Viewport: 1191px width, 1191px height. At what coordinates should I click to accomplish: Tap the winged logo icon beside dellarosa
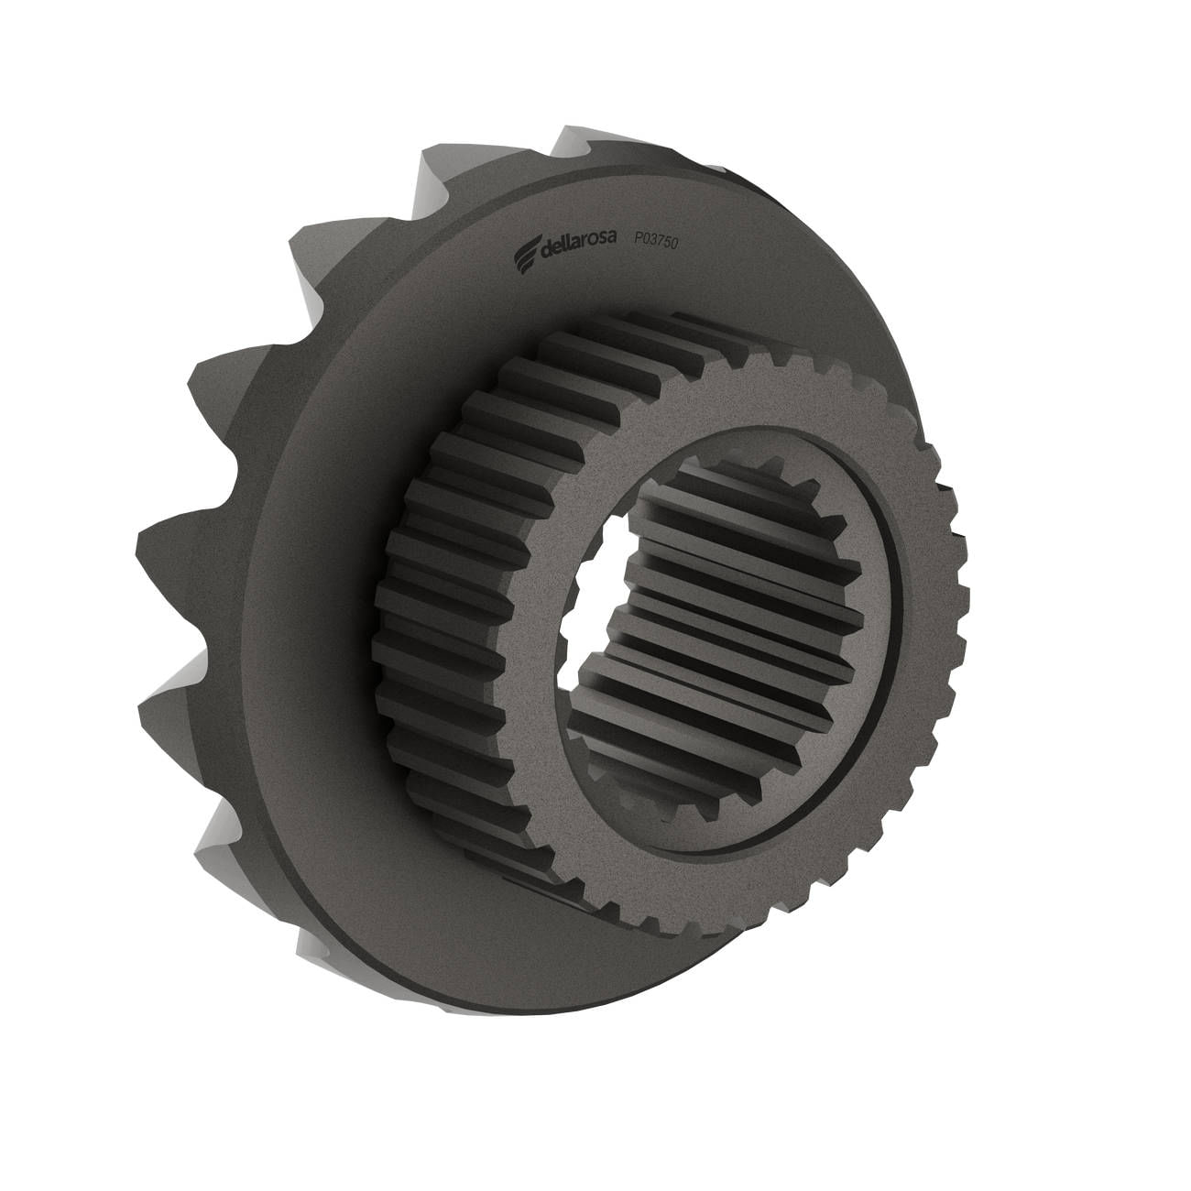525,259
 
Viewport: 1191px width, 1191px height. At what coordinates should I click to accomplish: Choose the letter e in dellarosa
558,251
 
